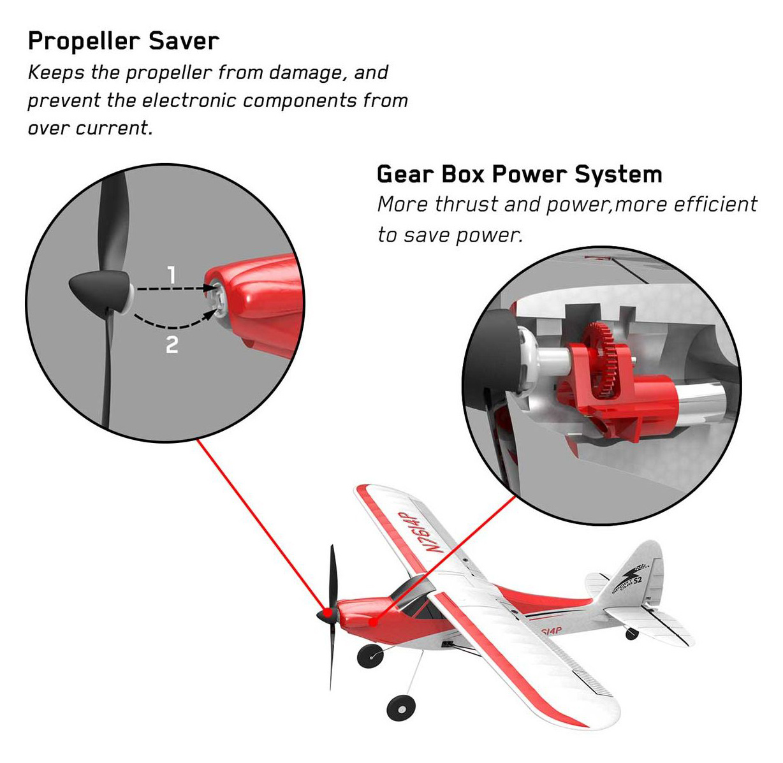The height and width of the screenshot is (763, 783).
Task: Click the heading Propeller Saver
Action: click(123, 41)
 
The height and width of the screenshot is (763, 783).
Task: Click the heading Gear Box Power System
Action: click(519, 174)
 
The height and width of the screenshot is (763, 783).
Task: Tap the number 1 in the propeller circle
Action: click(171, 275)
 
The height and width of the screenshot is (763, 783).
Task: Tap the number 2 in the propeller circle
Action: click(172, 345)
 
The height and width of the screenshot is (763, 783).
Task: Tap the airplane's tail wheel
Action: click(632, 633)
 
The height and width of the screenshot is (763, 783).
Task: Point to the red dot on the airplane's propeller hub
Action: click(327, 613)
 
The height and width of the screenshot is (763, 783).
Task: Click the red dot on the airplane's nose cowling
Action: click(374, 620)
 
